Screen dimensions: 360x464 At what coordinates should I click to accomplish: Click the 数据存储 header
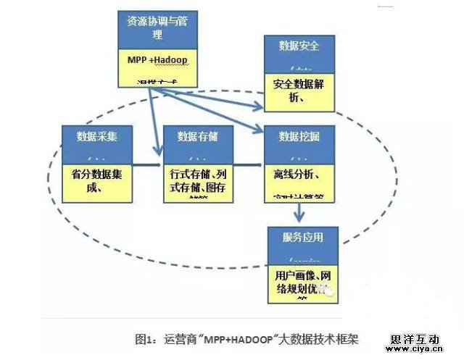pos(194,135)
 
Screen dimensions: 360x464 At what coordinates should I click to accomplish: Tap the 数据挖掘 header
pos(297,135)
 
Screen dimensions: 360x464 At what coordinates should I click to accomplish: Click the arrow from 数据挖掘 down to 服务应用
pos(298,212)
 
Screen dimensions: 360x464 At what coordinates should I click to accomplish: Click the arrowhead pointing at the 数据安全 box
pos(260,109)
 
